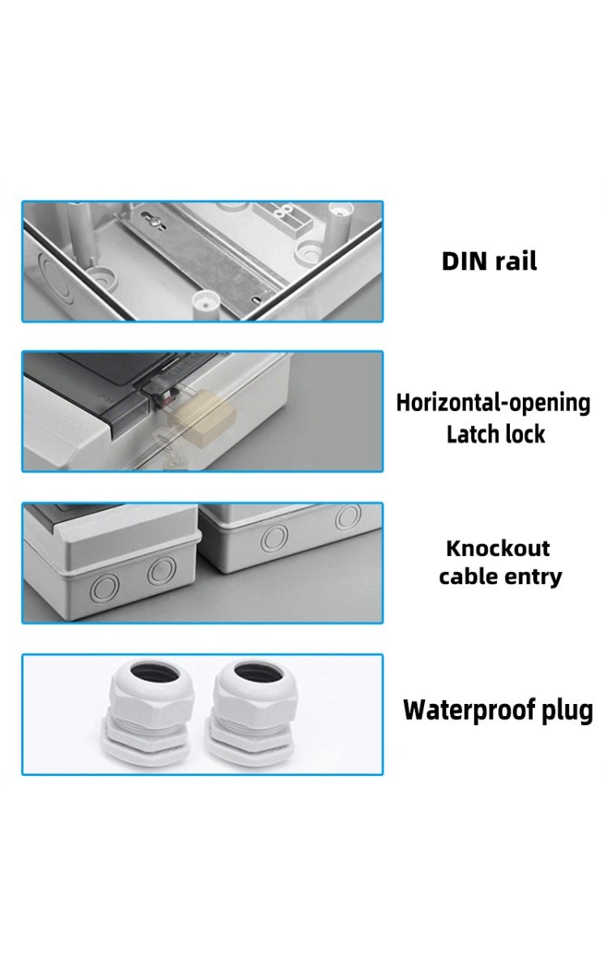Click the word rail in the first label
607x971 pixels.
pyautogui.click(x=516, y=261)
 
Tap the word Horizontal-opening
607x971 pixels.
pyautogui.click(x=493, y=403)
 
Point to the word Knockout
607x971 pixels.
pyautogui.click(x=498, y=549)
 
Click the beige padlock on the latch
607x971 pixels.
pyautogui.click(x=203, y=418)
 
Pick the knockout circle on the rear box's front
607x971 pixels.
pyautogui.click(x=274, y=537)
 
